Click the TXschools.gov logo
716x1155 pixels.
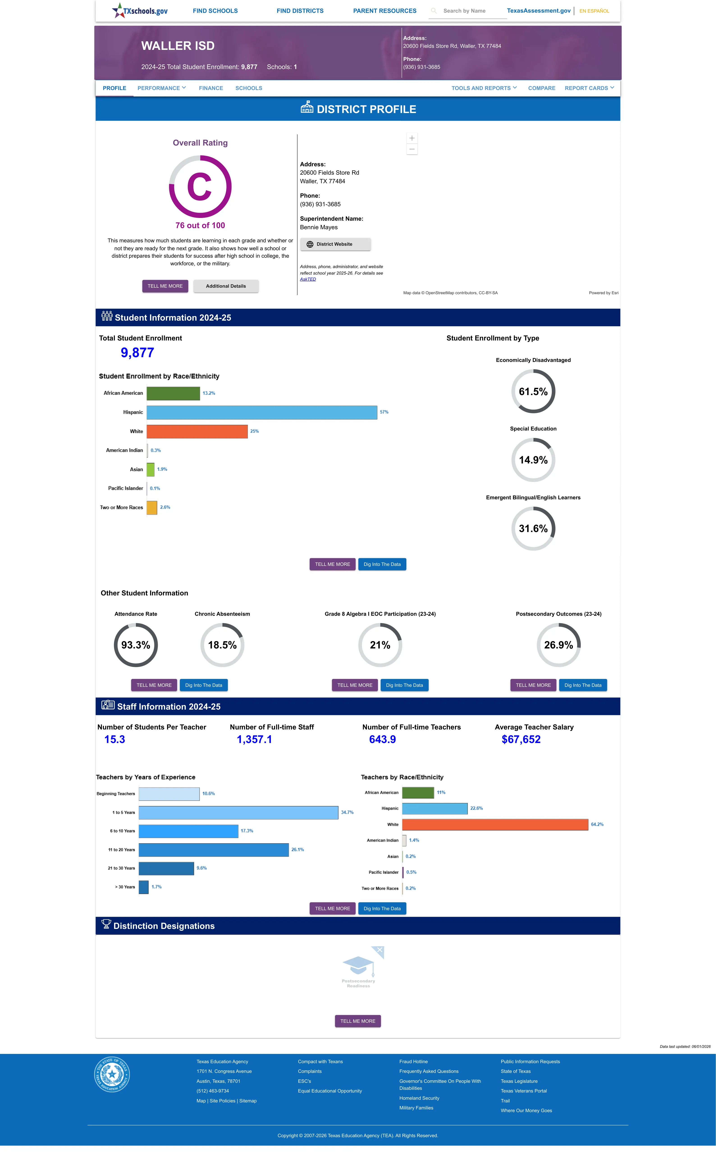coord(140,10)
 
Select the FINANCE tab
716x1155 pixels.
coord(211,88)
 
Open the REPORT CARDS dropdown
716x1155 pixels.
coord(589,88)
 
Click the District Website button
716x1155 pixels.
coord(335,244)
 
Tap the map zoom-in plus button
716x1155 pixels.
coord(412,138)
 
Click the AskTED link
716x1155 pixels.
coord(308,279)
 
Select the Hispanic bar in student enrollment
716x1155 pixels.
coord(262,412)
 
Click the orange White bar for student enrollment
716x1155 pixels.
coord(197,431)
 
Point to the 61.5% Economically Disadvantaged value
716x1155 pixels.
coord(533,391)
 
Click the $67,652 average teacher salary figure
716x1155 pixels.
coord(521,739)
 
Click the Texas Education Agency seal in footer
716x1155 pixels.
coord(112,1074)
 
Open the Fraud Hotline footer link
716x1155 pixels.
coord(413,1062)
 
